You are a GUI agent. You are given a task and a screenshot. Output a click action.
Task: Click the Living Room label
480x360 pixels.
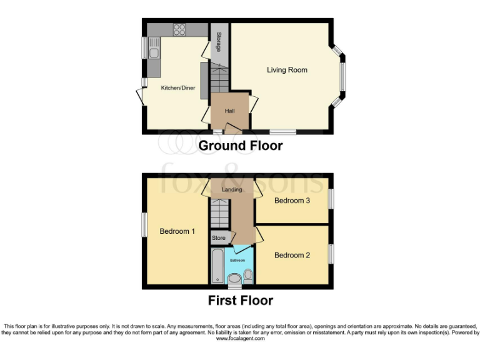pyautogui.click(x=287, y=70)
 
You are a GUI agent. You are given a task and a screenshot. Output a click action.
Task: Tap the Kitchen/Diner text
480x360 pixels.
pyautogui.click(x=178, y=88)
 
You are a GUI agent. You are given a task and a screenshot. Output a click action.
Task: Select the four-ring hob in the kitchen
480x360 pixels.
pyautogui.click(x=179, y=29)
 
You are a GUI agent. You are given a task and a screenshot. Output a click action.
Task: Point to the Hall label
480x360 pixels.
pyautogui.click(x=229, y=111)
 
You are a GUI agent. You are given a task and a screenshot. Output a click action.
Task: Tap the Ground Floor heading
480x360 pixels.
pyautogui.click(x=240, y=146)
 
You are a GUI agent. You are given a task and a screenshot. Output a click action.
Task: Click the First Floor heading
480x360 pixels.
pyautogui.click(x=240, y=301)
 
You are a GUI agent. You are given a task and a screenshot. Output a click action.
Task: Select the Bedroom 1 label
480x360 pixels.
pyautogui.click(x=177, y=231)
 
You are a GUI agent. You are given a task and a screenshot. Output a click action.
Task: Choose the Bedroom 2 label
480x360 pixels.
pyautogui.click(x=292, y=255)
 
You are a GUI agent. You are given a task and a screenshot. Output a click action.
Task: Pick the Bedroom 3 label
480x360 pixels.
pyautogui.click(x=292, y=201)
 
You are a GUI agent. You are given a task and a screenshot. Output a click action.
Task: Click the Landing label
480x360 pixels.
pyautogui.click(x=231, y=189)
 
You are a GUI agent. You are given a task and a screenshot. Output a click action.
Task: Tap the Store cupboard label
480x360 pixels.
pyautogui.click(x=219, y=238)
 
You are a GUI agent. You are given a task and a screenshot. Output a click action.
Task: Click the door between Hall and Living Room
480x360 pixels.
pyautogui.click(x=252, y=103)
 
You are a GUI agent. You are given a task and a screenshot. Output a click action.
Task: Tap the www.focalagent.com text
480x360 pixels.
pyautogui.click(x=240, y=339)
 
